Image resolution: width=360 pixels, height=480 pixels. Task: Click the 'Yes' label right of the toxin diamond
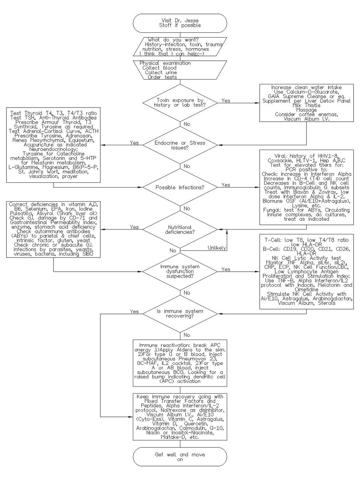point(226,100)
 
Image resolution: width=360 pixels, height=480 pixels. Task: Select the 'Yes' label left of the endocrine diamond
point(134,142)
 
